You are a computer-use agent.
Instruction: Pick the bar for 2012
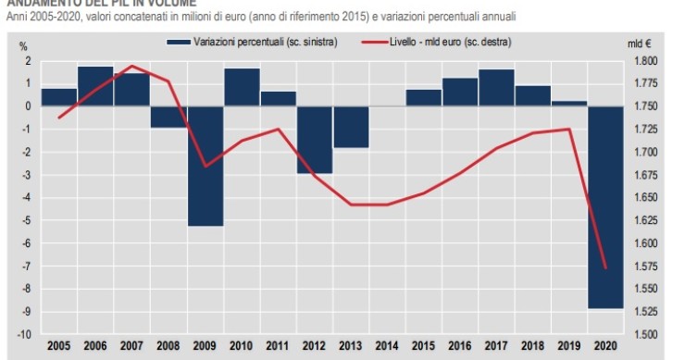coord(315,140)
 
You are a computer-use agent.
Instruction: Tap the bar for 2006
coord(95,86)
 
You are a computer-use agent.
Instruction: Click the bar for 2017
coord(496,88)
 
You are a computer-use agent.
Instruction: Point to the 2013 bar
coord(351,127)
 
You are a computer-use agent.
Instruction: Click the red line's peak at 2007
coord(131,66)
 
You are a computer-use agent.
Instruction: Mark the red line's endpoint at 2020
coord(604,268)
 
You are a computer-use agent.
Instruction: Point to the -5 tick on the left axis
coord(27,220)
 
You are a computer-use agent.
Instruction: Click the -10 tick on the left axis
coord(25,334)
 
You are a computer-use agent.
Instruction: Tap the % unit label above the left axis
coord(23,43)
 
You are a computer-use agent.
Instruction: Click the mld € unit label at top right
coord(640,43)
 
